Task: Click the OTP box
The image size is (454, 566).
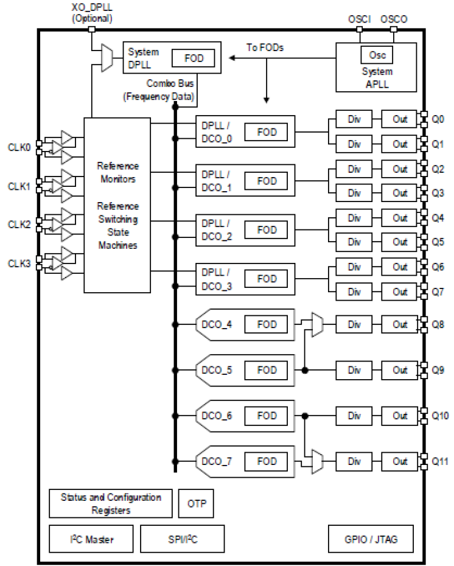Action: pos(197,503)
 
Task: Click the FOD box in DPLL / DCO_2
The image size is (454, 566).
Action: pos(267,230)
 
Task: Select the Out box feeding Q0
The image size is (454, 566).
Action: pos(400,119)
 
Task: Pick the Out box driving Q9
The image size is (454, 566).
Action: pos(400,369)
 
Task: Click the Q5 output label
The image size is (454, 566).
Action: pos(438,242)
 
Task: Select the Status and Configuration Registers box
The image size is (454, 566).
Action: pos(111,503)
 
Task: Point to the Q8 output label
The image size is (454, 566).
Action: pos(438,324)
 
